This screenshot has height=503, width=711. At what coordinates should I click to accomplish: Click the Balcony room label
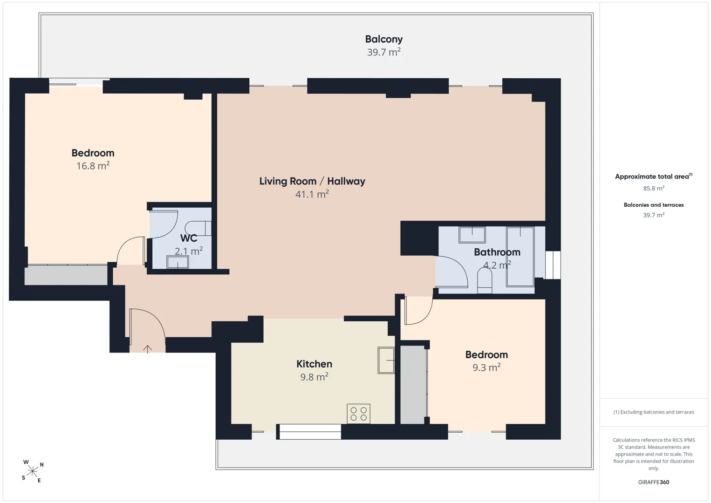384,39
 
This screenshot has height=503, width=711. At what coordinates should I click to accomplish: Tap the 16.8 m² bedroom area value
93,166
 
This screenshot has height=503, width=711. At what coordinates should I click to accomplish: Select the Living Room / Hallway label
312,181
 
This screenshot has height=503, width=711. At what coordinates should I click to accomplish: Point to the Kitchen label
314,364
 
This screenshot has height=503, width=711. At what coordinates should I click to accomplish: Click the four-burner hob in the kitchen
359,414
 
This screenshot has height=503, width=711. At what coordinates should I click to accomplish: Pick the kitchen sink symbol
386,360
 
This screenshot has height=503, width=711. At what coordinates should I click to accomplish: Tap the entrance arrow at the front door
147,349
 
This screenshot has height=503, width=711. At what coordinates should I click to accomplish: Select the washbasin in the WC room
178,263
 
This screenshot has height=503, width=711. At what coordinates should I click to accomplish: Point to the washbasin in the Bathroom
472,235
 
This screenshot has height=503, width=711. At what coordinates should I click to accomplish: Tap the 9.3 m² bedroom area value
486,367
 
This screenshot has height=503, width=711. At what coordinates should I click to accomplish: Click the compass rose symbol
32,471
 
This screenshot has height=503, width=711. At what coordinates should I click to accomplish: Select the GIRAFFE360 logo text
654,482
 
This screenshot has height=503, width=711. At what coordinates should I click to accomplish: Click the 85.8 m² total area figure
654,188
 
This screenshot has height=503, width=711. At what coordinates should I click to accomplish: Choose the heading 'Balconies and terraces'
654,205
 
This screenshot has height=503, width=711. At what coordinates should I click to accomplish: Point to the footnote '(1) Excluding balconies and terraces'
654,412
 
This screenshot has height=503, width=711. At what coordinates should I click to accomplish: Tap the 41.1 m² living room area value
312,194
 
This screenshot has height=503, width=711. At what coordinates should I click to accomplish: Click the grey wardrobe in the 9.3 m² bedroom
413,385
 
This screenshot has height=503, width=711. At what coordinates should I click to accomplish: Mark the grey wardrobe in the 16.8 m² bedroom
66,275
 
